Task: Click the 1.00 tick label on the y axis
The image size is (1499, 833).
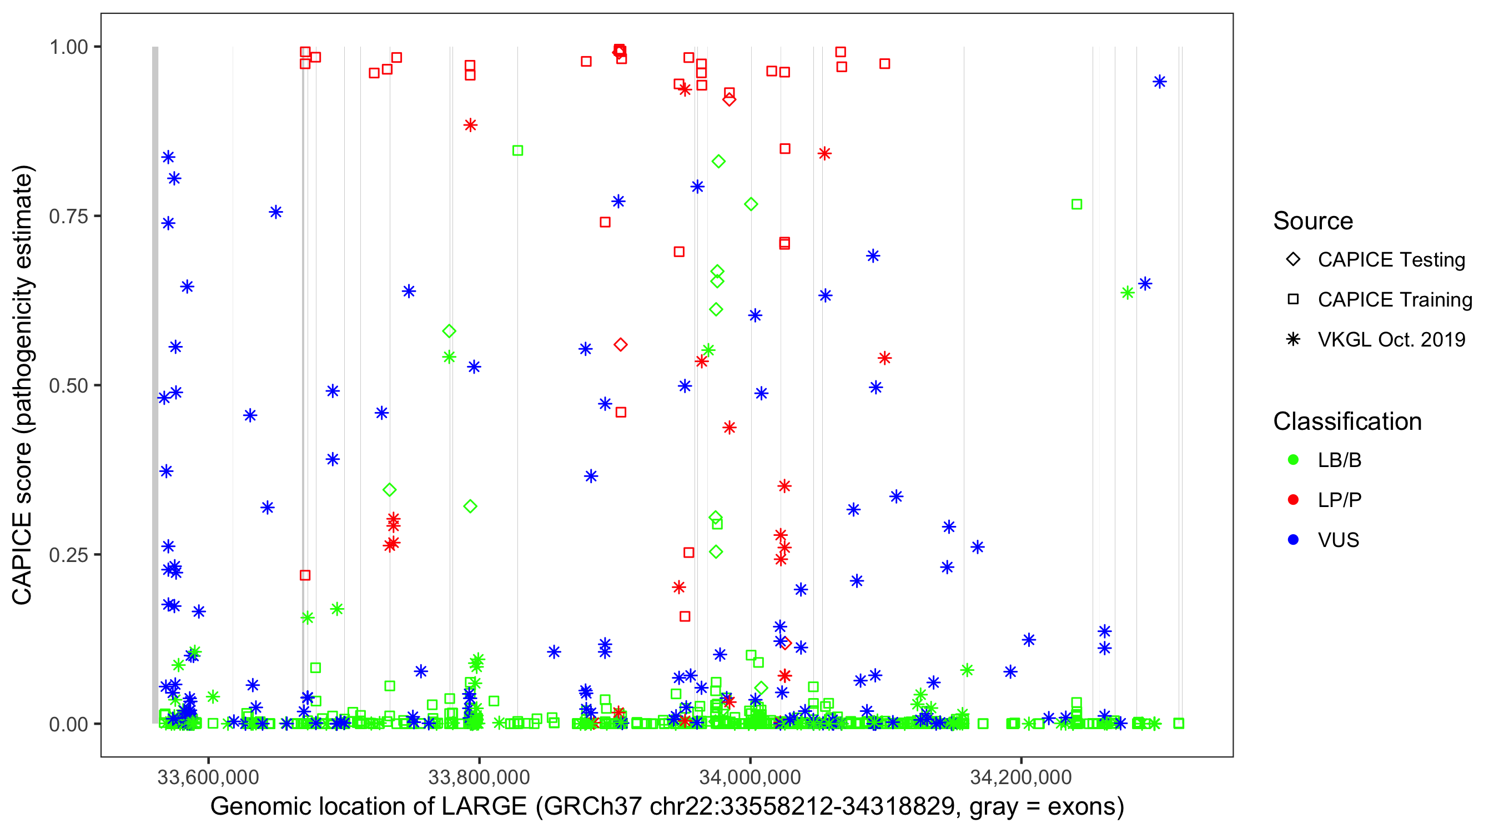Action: click(68, 47)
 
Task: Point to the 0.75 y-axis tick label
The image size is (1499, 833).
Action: click(68, 216)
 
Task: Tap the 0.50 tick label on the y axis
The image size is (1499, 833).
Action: click(68, 385)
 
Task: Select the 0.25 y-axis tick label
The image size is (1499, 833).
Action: click(68, 555)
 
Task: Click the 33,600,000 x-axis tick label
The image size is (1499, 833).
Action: click(208, 777)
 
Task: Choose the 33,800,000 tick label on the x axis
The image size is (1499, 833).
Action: click(479, 777)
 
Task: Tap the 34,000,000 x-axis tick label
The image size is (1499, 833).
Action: click(750, 777)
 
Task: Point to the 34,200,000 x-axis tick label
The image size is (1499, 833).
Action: click(1020, 777)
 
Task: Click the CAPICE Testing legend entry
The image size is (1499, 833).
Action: click(1391, 260)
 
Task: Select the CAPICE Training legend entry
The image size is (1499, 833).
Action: click(1394, 300)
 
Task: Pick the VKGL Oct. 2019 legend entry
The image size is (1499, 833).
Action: click(1391, 339)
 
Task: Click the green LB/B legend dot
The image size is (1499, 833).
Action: click(1294, 460)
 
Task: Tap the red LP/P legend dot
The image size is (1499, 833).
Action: click(1294, 500)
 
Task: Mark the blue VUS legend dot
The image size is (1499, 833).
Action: click(1294, 540)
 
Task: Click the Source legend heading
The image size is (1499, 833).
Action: click(1313, 221)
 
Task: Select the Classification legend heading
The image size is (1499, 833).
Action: click(1347, 421)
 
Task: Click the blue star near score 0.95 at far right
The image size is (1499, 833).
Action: click(1160, 82)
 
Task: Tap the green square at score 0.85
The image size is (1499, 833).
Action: click(517, 150)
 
